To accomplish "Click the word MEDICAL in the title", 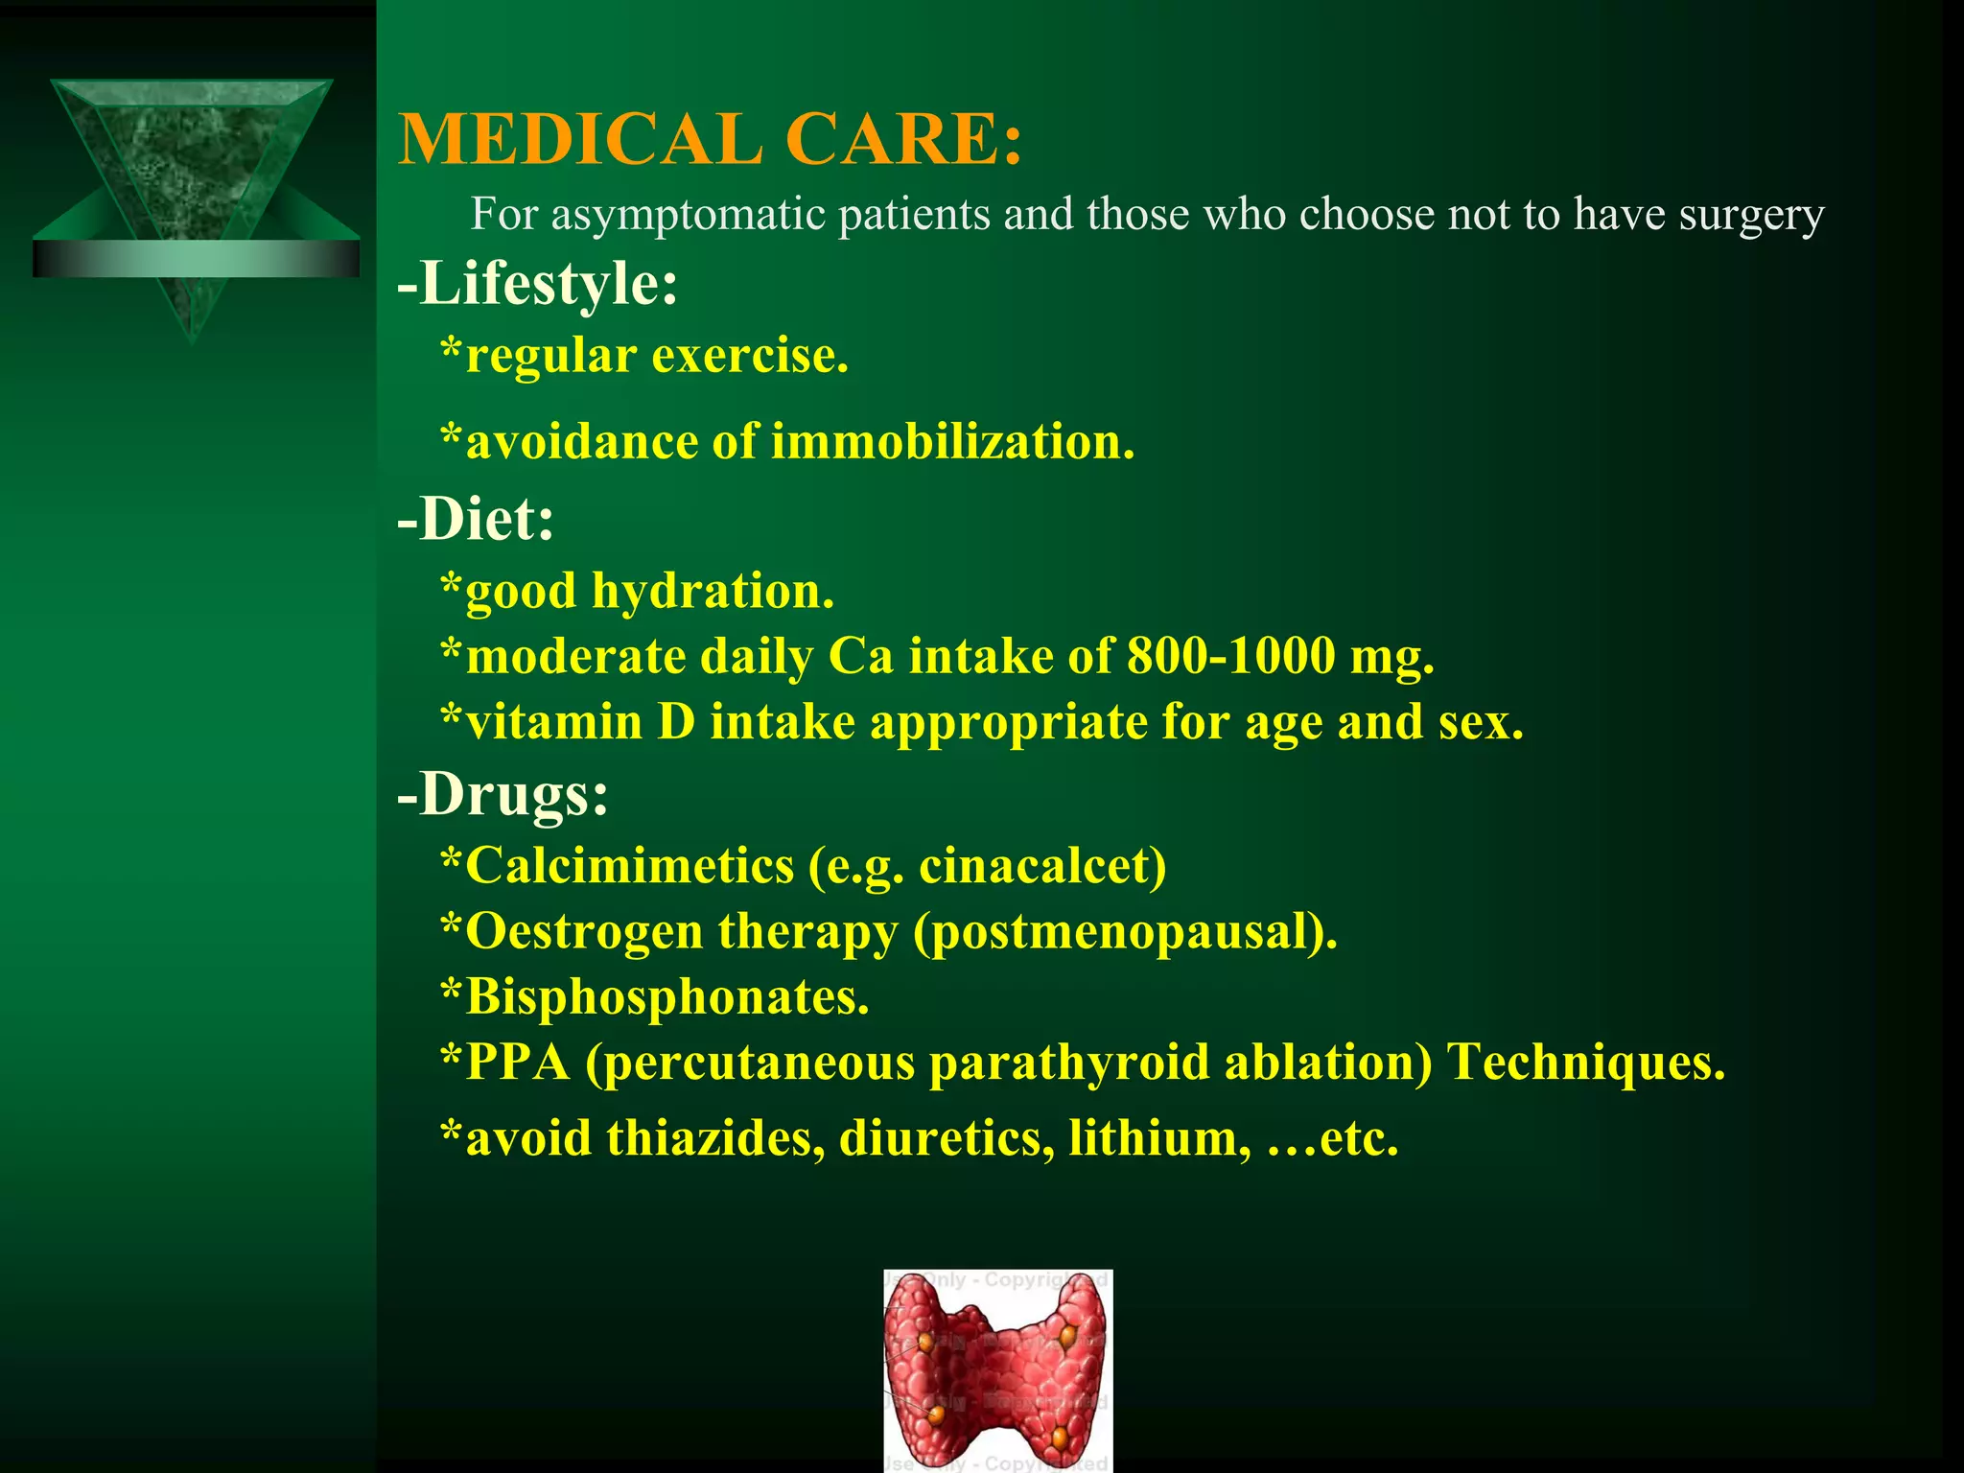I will pyautogui.click(x=580, y=140).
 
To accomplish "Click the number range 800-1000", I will pyautogui.click(x=1231, y=657).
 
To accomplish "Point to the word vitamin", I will pyautogui.click(x=554, y=722).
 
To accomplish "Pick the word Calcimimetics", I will pyautogui.click(x=630, y=866).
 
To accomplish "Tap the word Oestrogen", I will pyautogui.click(x=584, y=931).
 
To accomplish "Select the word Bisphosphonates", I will pyautogui.click(x=667, y=997).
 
